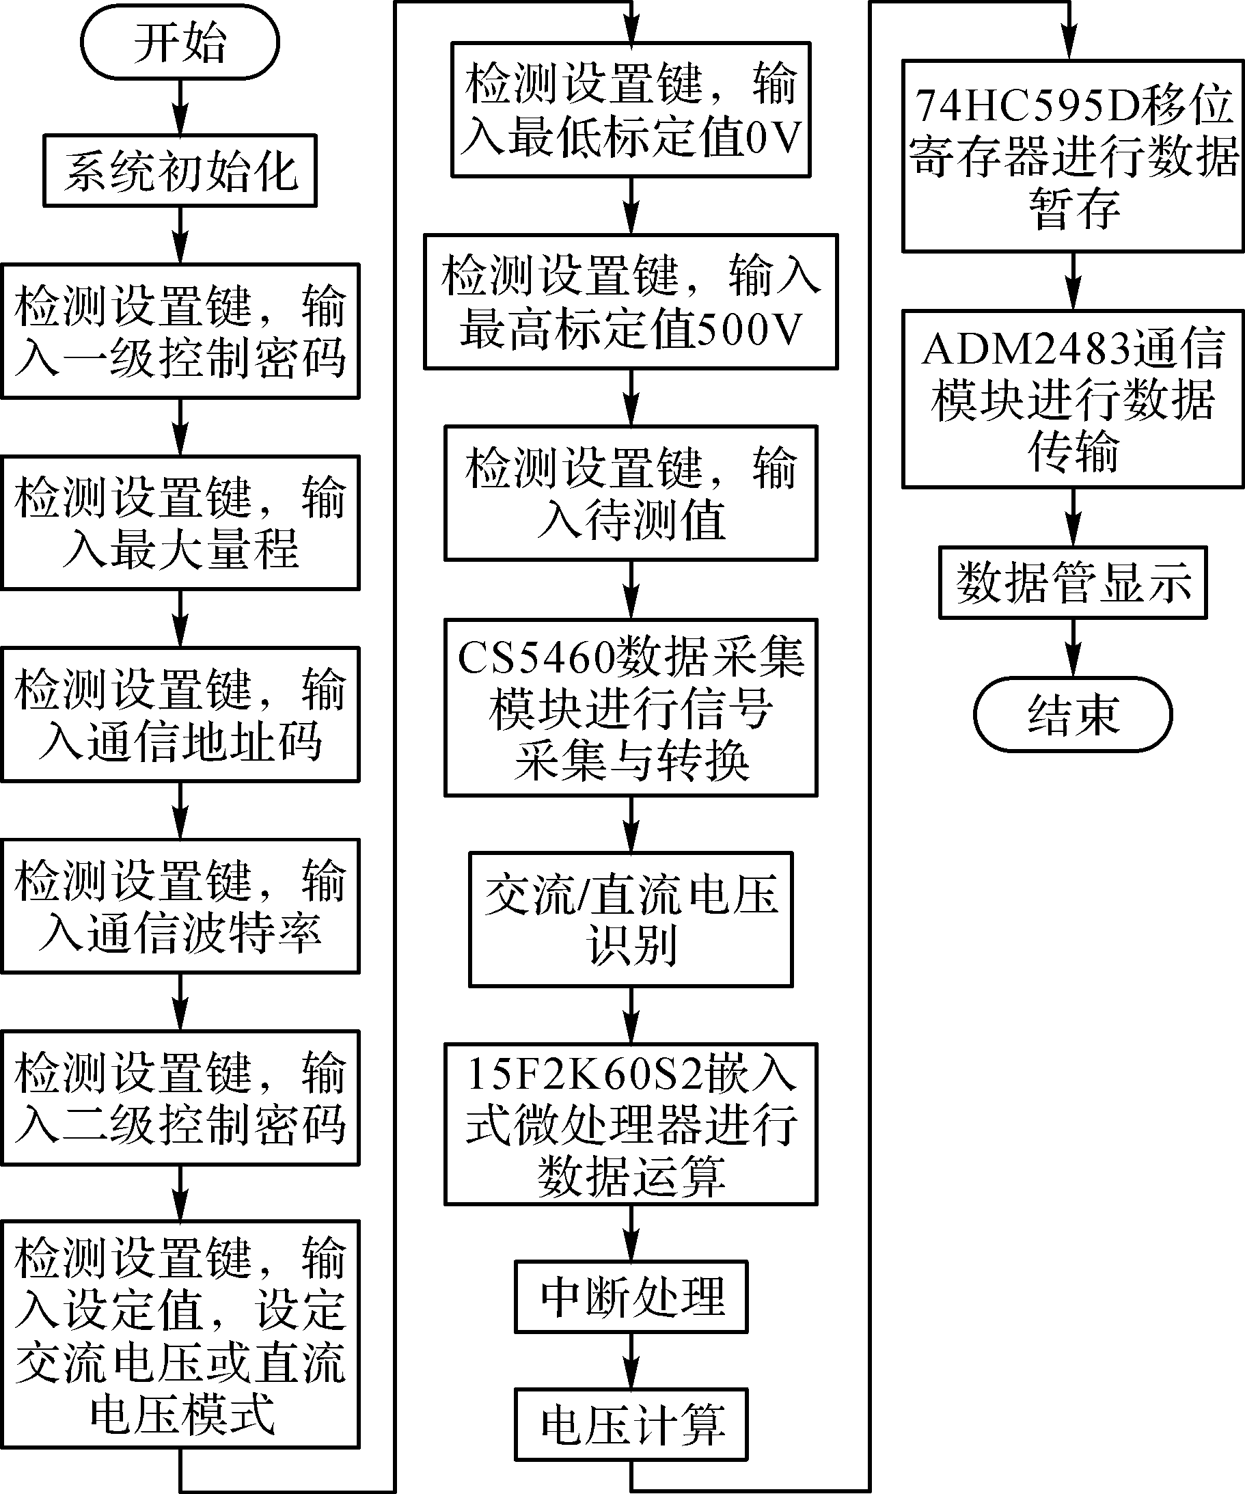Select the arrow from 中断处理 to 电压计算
pos(631,1360)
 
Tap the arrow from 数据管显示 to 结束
pos(1073,647)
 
